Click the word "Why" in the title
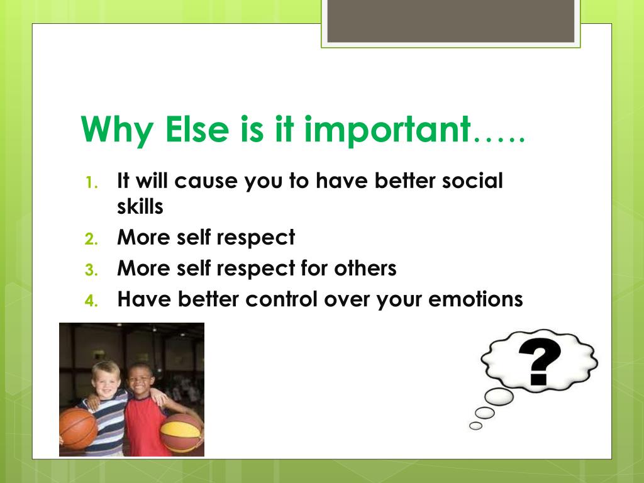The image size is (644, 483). (117, 130)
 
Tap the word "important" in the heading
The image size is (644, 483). (387, 130)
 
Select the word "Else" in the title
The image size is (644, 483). (197, 129)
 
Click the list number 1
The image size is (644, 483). (92, 182)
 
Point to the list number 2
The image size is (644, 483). (92, 238)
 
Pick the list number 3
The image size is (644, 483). (92, 270)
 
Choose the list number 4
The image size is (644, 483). (92, 301)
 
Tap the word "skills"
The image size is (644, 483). (140, 206)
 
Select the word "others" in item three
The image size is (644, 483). (365, 268)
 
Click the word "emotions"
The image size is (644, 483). (475, 299)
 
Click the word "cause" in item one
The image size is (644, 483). (206, 181)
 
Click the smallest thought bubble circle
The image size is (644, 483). (475, 426)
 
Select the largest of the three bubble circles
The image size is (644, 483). (499, 397)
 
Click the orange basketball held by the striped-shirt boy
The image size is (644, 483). (77, 428)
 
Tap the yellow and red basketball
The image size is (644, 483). (180, 433)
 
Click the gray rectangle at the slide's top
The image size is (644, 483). (450, 21)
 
